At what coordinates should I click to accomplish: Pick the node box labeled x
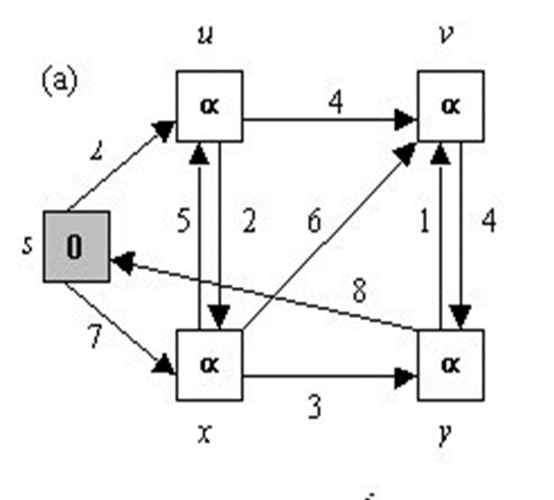point(211,363)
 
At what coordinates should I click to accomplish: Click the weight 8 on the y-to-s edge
point(359,290)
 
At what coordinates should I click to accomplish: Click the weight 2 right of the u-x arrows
point(249,220)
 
